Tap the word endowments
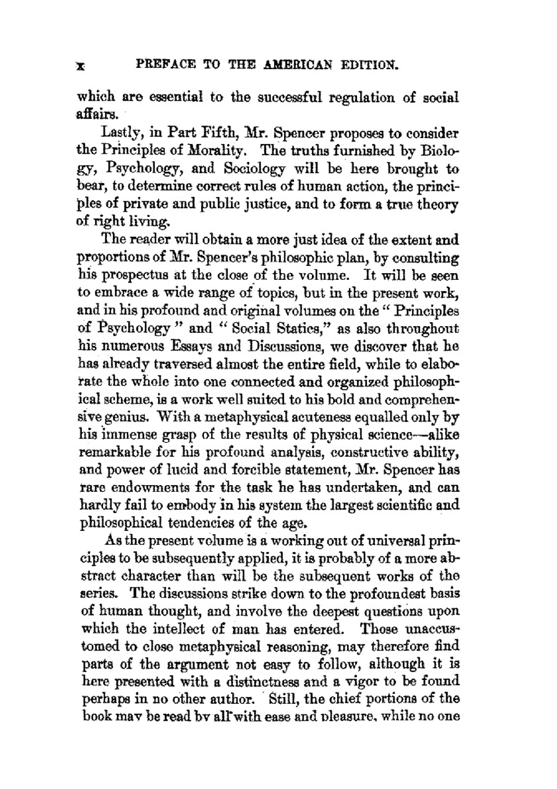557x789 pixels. [146, 487]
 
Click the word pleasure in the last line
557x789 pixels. [340, 717]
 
